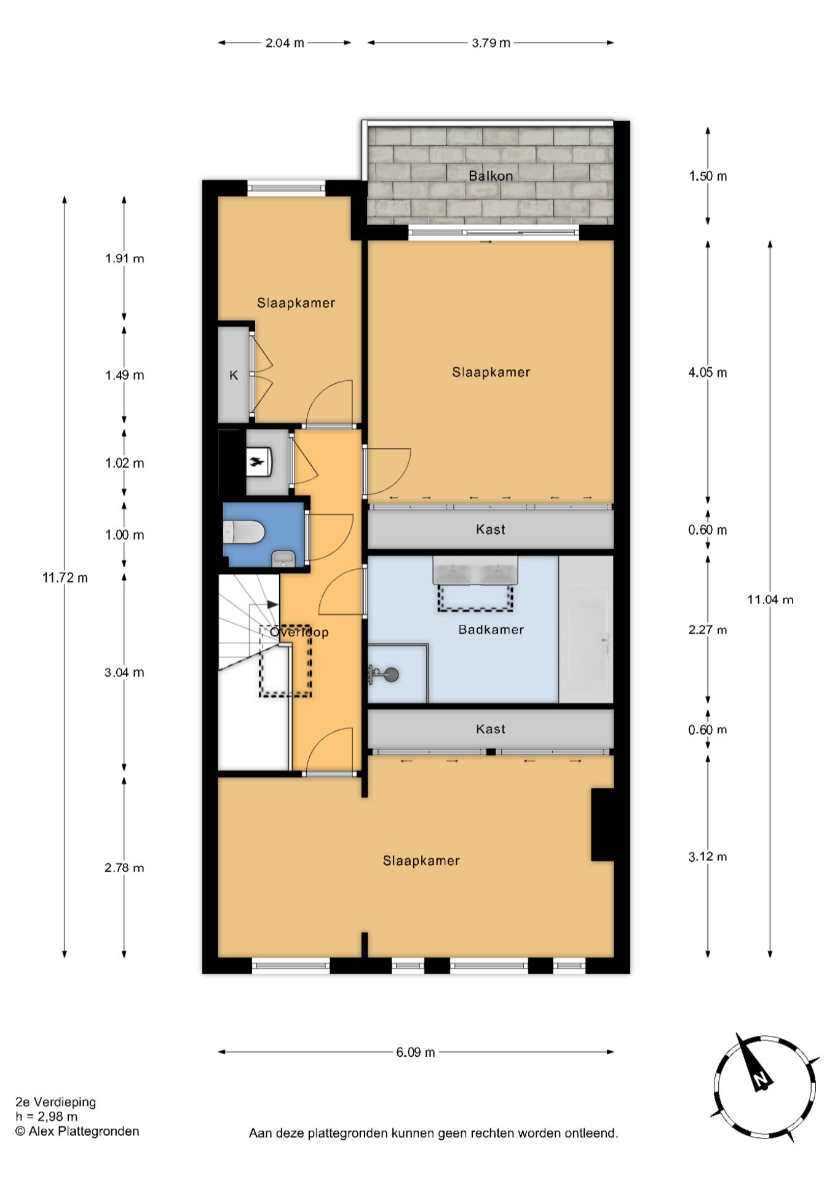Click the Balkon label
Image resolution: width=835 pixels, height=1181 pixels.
[x=491, y=176]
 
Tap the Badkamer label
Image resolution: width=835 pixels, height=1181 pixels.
[x=491, y=629]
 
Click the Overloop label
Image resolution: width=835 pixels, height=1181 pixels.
[x=299, y=632]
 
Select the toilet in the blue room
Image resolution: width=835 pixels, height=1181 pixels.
[x=243, y=531]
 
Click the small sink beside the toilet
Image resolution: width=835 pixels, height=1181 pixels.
[x=283, y=559]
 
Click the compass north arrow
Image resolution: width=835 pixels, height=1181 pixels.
[x=754, y=1064]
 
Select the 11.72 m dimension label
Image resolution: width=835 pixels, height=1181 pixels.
[x=65, y=578]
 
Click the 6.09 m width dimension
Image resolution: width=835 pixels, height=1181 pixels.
[x=416, y=1052]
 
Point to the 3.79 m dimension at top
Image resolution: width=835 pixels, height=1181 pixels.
[x=491, y=43]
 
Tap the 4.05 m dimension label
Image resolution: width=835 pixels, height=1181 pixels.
[x=708, y=372]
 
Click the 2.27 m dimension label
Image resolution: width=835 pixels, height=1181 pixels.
[x=708, y=630]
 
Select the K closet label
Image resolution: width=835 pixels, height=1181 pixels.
[x=234, y=375]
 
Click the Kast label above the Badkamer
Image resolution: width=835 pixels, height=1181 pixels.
[x=491, y=529]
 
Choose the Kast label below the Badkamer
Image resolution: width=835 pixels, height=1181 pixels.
[x=491, y=729]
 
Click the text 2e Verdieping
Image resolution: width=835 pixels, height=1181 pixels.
[x=56, y=1102]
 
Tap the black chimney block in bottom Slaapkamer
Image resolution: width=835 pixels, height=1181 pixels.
[x=603, y=825]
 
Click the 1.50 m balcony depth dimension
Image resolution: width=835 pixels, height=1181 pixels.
[x=708, y=177]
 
